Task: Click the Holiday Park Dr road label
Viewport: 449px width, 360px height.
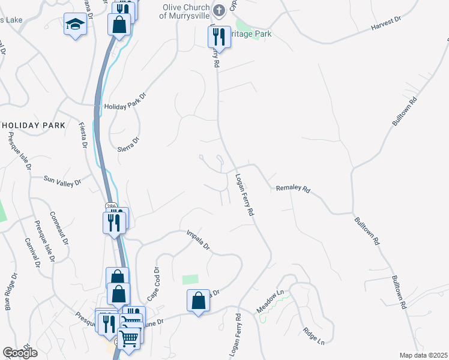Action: (125, 102)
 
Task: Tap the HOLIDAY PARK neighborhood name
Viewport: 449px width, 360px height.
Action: (33, 125)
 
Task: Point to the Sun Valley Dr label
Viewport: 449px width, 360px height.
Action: (62, 179)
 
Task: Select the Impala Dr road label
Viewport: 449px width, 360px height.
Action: (198, 239)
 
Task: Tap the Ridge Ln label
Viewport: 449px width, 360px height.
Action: (313, 336)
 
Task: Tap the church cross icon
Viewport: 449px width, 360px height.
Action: (220, 9)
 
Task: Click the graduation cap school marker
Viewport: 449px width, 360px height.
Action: (75, 25)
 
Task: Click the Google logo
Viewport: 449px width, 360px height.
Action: (20, 353)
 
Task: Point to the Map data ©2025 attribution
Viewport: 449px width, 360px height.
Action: (423, 355)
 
